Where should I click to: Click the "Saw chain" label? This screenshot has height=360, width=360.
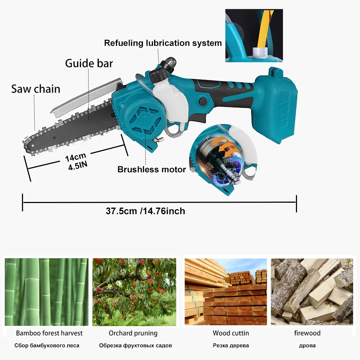(x=36, y=89)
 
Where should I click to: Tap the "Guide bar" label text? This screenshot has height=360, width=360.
(x=89, y=63)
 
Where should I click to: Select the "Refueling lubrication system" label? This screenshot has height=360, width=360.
(x=163, y=43)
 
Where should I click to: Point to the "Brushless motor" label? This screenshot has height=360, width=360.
(x=152, y=169)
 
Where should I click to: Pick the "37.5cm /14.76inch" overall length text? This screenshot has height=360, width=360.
(x=145, y=211)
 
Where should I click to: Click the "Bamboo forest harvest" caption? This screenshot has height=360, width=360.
(x=49, y=333)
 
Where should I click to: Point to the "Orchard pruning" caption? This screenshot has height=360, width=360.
(x=133, y=333)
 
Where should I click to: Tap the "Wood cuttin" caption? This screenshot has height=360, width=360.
(x=231, y=333)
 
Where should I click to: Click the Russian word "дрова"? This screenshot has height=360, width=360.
(x=307, y=346)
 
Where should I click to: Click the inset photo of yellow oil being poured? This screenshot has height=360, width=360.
(x=254, y=35)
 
